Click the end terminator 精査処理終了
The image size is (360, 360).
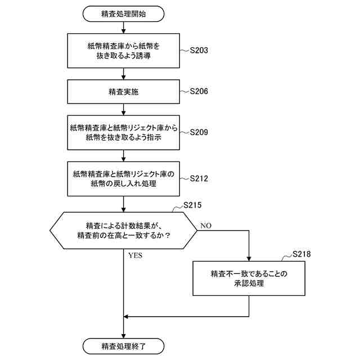(x=123, y=345)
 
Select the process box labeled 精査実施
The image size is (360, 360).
(x=123, y=91)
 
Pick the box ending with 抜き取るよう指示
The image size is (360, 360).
(x=123, y=133)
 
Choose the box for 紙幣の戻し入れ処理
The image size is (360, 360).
(x=123, y=179)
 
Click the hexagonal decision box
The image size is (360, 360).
(x=123, y=229)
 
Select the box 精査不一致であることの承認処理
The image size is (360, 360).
(x=249, y=278)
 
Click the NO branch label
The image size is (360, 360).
(x=205, y=226)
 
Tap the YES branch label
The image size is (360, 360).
(x=135, y=255)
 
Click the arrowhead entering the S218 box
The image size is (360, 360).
(x=249, y=259)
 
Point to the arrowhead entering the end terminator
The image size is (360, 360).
(x=123, y=335)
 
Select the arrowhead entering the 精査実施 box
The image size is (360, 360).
(x=123, y=78)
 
